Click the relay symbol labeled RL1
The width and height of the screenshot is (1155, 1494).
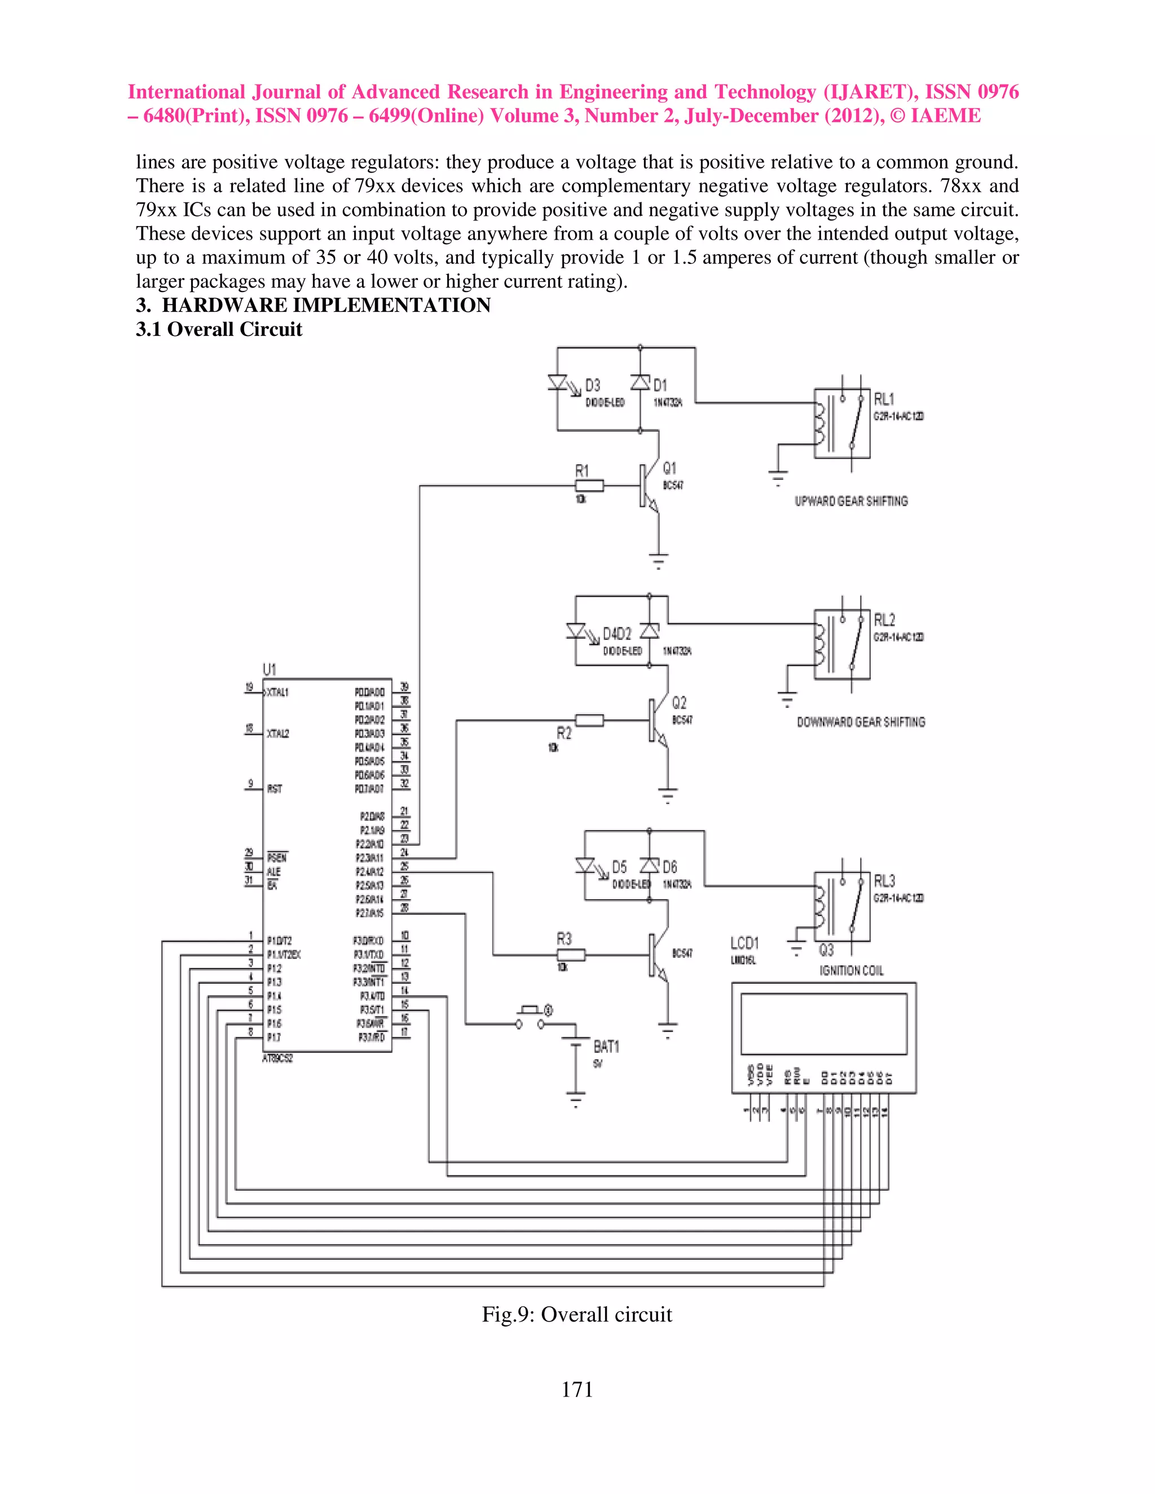[841, 423]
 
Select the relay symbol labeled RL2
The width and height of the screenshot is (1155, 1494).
[841, 644]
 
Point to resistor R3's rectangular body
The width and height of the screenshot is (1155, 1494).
[571, 955]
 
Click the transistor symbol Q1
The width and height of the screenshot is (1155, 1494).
[648, 487]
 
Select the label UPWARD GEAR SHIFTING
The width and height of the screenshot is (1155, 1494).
[850, 501]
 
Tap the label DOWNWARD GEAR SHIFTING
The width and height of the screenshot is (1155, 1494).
[860, 722]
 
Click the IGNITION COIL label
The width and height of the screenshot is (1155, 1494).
[851, 971]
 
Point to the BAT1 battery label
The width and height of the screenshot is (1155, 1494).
[606, 1046]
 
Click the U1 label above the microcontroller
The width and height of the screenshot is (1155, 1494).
[269, 669]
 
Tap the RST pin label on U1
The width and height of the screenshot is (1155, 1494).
[275, 789]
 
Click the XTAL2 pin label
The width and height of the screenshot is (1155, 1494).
[278, 733]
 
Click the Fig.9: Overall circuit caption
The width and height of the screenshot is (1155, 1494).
[576, 1314]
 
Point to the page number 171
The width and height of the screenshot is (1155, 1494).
[577, 1389]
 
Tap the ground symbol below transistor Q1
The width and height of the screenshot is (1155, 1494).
[658, 561]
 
